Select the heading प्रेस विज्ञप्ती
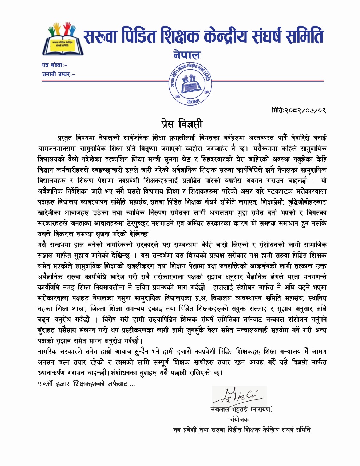point(182,124)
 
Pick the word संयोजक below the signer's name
point(240,419)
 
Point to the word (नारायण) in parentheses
point(261,409)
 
